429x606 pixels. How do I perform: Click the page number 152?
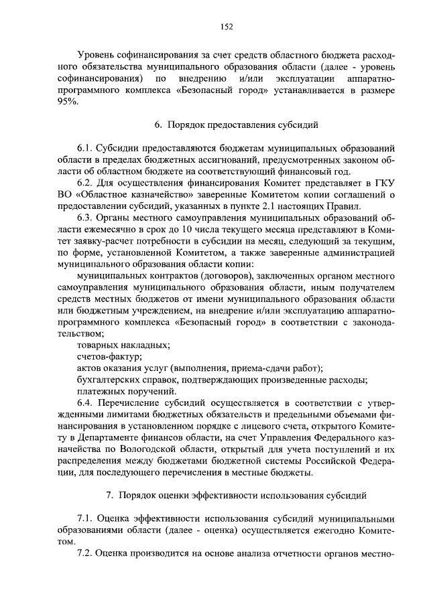click(227, 26)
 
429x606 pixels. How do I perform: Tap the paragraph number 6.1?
click(85, 147)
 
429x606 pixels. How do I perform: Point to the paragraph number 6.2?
click(85, 181)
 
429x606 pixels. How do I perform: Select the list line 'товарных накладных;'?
click(123, 345)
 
